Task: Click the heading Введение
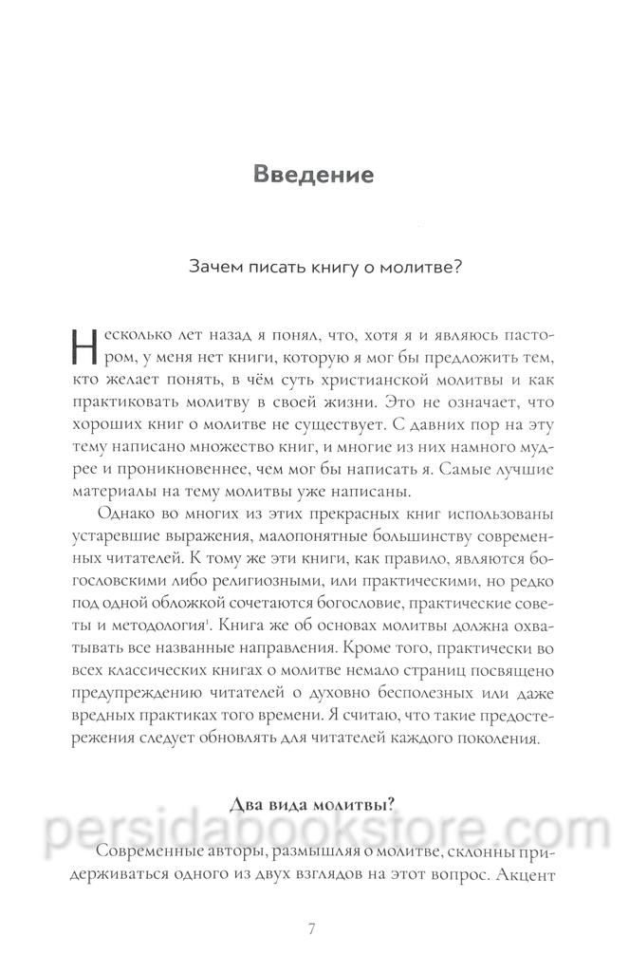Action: click(x=314, y=176)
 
